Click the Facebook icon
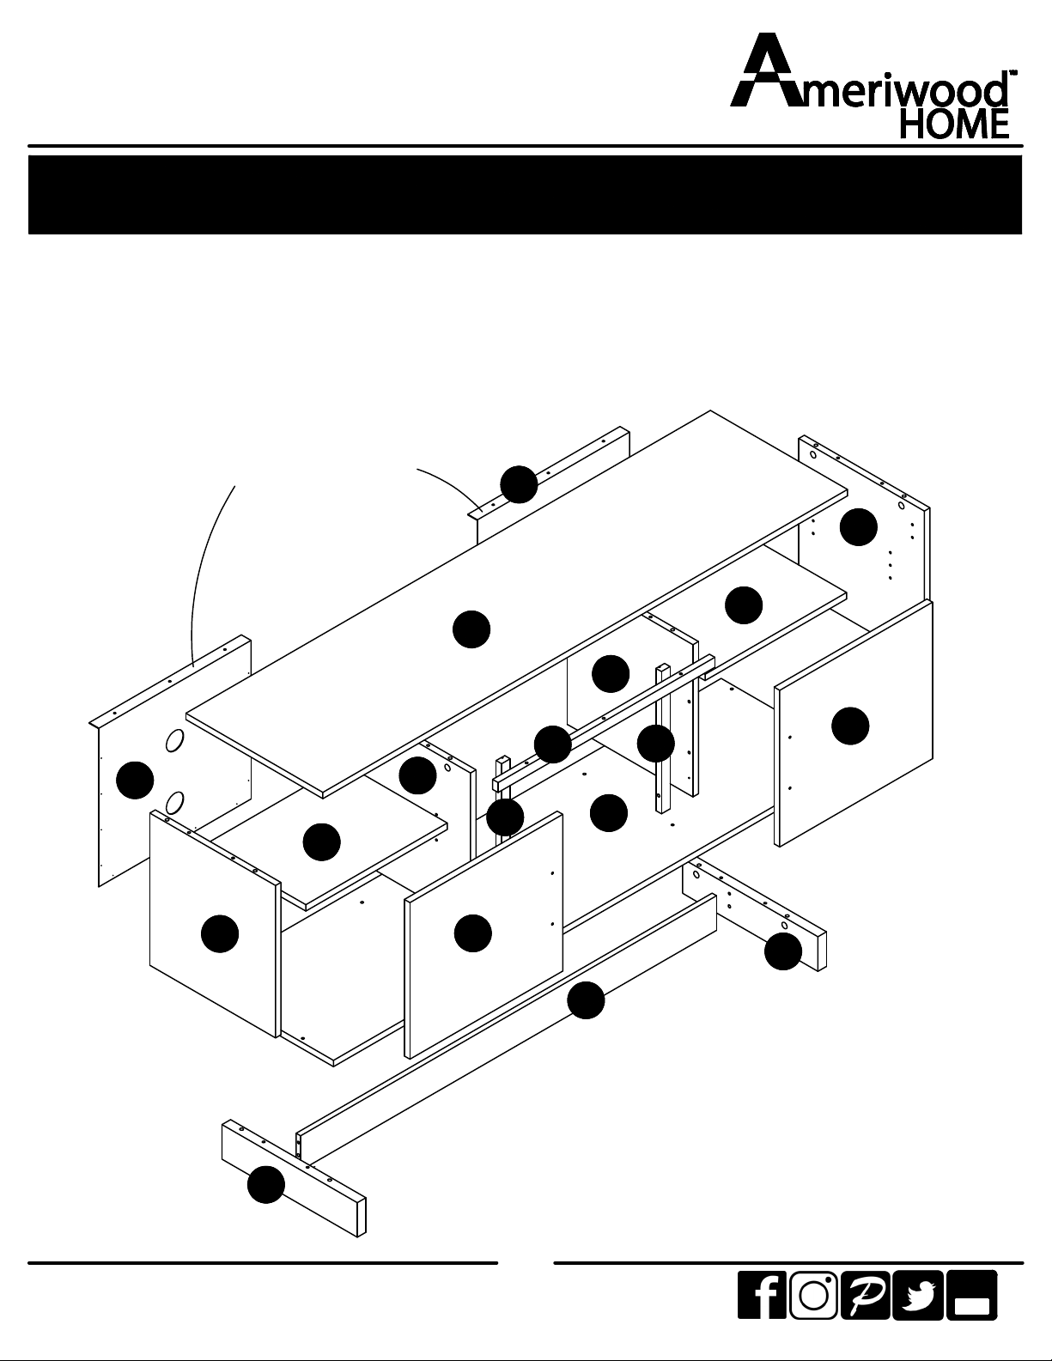click(762, 1295)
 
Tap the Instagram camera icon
click(813, 1295)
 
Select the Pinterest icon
click(866, 1295)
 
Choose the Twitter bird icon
click(917, 1295)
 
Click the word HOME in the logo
click(954, 124)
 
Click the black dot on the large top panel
click(471, 629)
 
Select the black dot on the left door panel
click(220, 934)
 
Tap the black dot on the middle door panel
click(473, 933)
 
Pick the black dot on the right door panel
click(850, 726)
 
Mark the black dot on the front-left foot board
click(266, 1185)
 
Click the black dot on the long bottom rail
click(586, 1000)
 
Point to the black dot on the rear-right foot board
click(783, 951)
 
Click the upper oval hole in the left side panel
click(174, 740)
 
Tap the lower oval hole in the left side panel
click(174, 803)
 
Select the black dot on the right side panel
click(859, 526)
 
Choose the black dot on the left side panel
click(136, 781)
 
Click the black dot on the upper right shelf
click(744, 605)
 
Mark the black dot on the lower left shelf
click(322, 842)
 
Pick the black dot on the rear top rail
click(519, 484)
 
